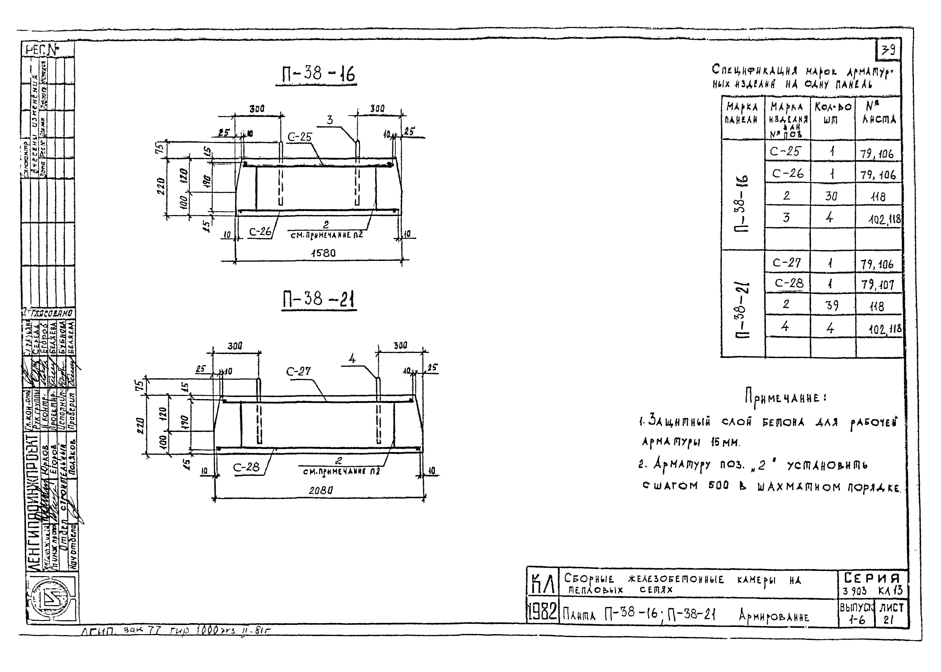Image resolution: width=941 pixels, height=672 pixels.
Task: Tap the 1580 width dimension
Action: pos(323,253)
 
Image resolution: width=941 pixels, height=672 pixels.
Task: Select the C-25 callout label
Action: pos(299,137)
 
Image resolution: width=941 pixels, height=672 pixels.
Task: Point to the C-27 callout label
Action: pos(298,371)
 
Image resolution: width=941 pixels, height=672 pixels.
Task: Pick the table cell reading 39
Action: pos(832,305)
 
